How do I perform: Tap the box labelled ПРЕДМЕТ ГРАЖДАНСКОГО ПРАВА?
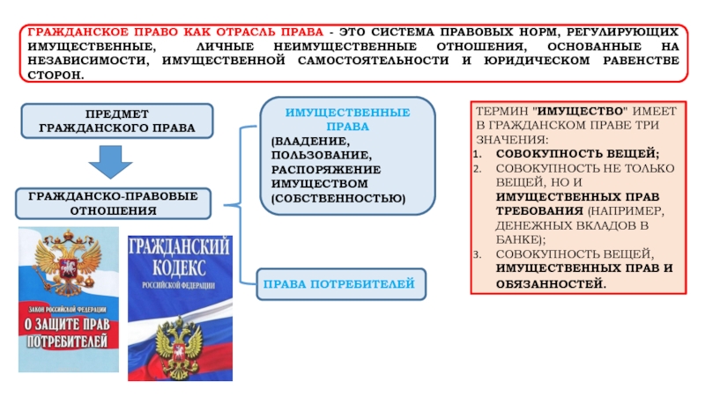[x=116, y=121]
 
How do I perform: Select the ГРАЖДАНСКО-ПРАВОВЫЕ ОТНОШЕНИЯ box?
[x=116, y=203]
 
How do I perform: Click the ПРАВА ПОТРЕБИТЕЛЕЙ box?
[x=338, y=284]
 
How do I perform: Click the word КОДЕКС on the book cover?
[x=181, y=267]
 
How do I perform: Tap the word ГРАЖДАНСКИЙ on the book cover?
[x=181, y=246]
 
